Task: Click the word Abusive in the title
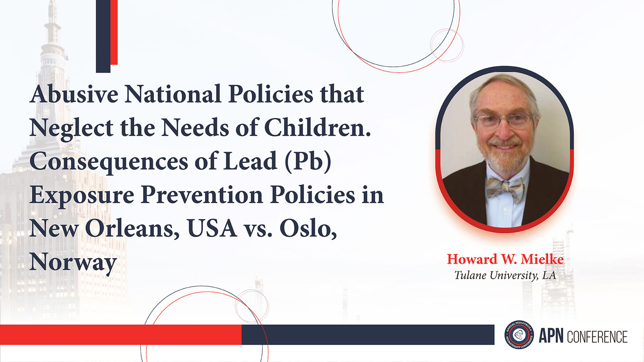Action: (74, 94)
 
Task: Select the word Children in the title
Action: (317, 128)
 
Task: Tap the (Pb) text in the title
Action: (308, 161)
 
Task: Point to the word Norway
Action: (73, 262)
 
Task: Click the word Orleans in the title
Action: (132, 229)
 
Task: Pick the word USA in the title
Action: (212, 229)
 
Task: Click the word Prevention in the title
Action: (202, 195)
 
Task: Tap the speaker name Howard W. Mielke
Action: (505, 259)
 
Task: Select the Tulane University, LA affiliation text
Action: (505, 275)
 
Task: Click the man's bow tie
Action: (505, 188)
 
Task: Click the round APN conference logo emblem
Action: (519, 335)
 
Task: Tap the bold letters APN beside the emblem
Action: (551, 336)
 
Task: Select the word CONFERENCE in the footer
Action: (597, 337)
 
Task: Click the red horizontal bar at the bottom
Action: (121, 335)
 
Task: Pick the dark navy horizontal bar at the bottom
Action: (368, 335)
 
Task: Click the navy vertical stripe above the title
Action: (103, 36)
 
